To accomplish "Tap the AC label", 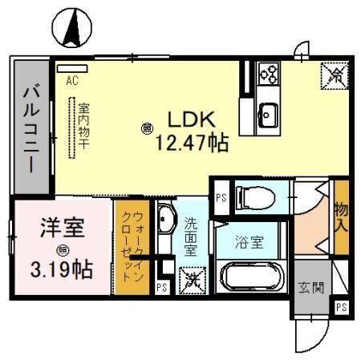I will pos(71,80).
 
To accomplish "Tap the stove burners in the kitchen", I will pos(268,75).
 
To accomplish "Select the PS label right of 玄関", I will pos(340,307).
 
